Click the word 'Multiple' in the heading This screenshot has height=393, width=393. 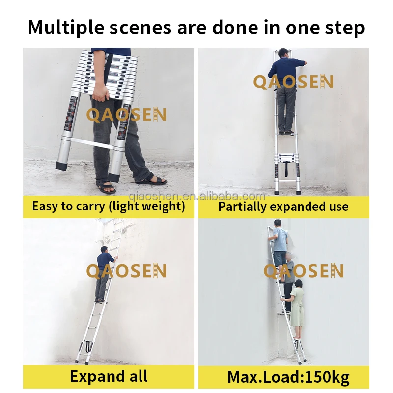[66, 28]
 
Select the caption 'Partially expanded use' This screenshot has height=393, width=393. [283, 207]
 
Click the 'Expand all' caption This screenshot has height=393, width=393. [109, 376]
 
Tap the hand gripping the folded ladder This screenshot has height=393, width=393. [101, 93]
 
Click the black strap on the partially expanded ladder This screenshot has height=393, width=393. [286, 168]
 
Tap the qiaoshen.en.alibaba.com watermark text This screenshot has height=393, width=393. [197, 196]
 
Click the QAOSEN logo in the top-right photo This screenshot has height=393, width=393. [293, 82]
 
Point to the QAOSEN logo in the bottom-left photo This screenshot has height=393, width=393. [126, 271]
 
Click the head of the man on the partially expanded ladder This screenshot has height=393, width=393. [283, 53]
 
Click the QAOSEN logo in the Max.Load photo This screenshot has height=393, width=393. [304, 271]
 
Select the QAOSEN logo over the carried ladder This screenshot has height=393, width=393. [126, 114]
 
